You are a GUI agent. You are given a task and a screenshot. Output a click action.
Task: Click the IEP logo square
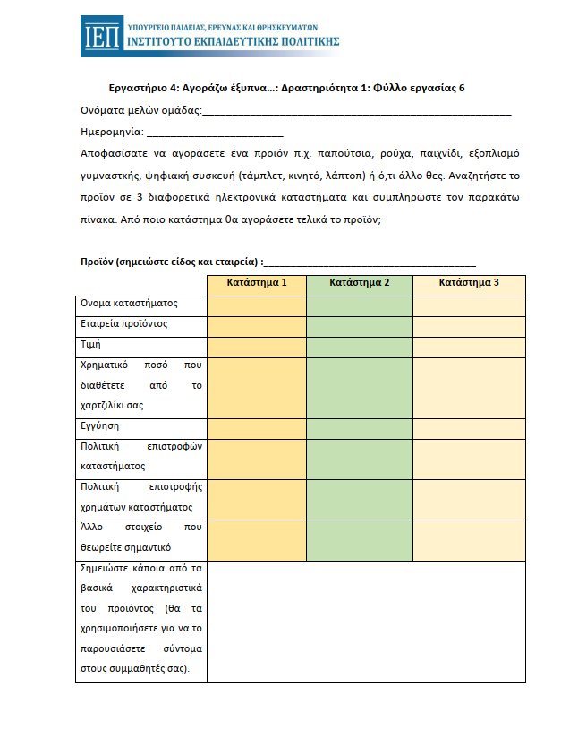(x=100, y=35)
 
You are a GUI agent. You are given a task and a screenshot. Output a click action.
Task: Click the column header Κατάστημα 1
(x=257, y=284)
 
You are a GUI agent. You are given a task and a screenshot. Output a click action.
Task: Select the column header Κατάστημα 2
(x=360, y=284)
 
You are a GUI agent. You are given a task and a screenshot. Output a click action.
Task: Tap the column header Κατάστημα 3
(x=469, y=284)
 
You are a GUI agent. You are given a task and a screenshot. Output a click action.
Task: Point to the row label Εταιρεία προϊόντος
(x=124, y=323)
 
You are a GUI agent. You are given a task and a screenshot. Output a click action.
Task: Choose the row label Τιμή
(x=90, y=343)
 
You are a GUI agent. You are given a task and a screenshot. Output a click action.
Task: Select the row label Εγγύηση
(x=100, y=427)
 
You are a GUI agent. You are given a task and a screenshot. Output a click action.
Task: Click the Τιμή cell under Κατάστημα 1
(x=257, y=344)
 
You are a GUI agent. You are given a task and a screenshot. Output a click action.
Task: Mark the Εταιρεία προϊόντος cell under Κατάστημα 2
(x=360, y=324)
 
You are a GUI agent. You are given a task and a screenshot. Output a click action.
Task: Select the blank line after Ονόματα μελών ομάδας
(x=357, y=113)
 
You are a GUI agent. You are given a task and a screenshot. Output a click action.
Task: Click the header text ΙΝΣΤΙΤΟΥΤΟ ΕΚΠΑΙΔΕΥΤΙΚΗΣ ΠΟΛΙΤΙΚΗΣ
(x=234, y=41)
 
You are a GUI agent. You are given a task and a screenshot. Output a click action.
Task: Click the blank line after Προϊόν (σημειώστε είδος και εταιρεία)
(x=370, y=262)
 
